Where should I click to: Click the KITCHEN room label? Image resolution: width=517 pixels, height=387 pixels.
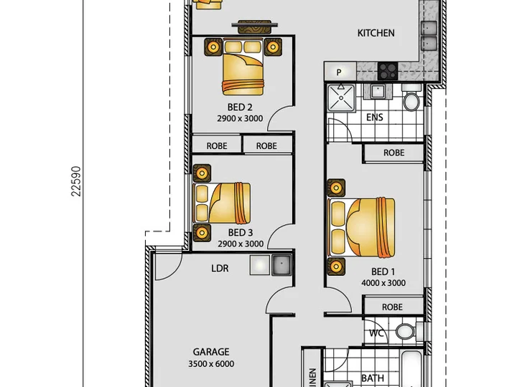376,33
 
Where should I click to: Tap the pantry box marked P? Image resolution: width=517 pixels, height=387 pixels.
340,72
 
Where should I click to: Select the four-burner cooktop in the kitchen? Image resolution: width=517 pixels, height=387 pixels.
388,71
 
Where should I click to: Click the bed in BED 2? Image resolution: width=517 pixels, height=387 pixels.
243,67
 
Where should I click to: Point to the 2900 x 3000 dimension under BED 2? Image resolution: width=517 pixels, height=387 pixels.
240,118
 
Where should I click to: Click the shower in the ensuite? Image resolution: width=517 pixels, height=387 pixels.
341,97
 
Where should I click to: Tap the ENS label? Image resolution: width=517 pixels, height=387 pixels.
375,118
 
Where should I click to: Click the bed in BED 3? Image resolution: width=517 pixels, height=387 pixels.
222,203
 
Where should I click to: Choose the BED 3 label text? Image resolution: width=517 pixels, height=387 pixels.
241,233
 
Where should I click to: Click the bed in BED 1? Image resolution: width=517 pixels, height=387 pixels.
361,227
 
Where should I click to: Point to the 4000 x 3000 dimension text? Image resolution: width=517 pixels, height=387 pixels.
383,282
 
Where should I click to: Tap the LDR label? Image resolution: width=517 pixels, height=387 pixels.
220,268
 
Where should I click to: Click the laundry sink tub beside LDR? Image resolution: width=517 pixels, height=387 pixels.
281,265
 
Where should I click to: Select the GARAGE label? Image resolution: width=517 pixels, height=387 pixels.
211,352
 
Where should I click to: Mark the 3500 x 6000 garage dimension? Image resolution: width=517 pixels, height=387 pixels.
211,363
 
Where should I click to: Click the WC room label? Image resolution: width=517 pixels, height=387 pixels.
376,333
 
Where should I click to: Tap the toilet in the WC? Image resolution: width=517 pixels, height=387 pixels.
408,330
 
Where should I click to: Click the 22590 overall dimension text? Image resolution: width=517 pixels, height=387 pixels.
76,181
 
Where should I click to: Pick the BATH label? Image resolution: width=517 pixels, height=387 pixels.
373,378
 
